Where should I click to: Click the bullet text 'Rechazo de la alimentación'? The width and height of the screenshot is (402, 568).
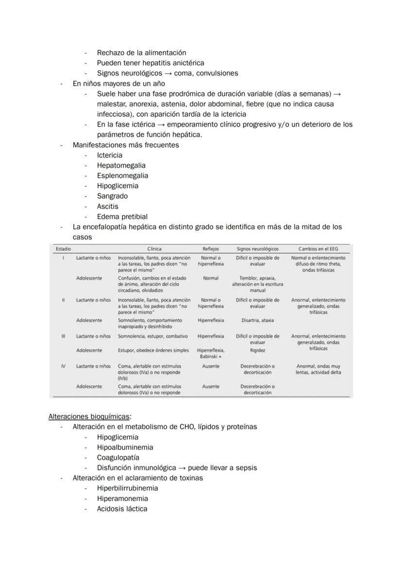click(x=141, y=52)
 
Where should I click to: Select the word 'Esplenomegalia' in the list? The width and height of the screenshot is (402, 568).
click(x=122, y=175)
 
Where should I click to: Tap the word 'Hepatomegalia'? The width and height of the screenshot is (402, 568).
click(x=121, y=165)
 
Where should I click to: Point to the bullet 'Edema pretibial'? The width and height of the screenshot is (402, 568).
click(x=122, y=216)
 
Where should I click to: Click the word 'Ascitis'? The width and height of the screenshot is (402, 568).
click(x=107, y=206)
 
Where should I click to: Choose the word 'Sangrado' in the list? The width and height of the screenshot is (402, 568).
click(x=112, y=196)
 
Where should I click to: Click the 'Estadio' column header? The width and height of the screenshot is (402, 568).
click(x=63, y=249)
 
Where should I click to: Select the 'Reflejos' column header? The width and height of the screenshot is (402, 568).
click(x=211, y=249)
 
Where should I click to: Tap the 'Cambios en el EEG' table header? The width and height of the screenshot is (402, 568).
click(x=318, y=249)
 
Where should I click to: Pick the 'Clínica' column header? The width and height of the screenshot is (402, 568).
click(x=154, y=249)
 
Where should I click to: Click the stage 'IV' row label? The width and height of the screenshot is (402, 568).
click(x=63, y=366)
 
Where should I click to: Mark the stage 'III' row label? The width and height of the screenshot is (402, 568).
click(x=63, y=336)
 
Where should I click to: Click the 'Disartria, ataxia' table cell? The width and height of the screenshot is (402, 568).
click(x=257, y=321)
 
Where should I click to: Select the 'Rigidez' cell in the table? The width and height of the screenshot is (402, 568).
click(x=257, y=350)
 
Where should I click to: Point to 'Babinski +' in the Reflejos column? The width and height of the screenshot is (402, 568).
click(x=211, y=357)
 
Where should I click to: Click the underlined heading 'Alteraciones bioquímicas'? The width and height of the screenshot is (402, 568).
click(x=90, y=416)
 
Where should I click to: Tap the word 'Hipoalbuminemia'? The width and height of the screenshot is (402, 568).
click(x=125, y=447)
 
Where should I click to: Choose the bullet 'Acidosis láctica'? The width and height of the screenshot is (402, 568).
click(x=122, y=509)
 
